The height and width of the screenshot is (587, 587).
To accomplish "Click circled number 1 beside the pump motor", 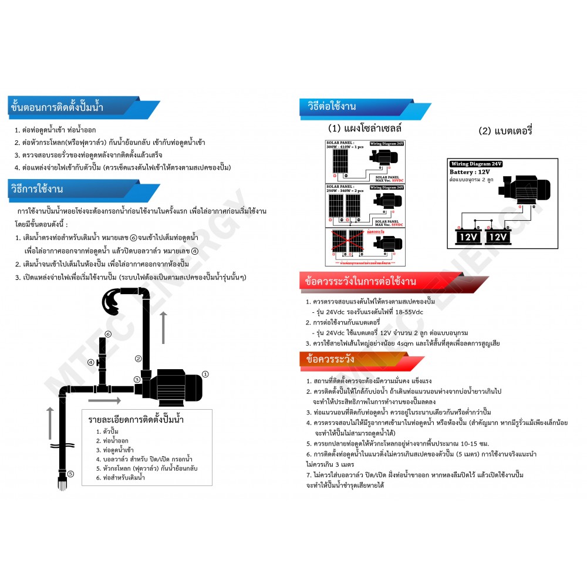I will (x=205, y=374).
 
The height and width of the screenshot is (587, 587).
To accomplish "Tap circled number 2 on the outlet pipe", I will (x=138, y=359).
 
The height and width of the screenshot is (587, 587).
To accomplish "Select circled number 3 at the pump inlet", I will (x=136, y=379).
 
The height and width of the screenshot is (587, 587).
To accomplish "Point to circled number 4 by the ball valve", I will (x=91, y=362).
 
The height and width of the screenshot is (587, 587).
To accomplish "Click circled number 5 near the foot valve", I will (x=70, y=474).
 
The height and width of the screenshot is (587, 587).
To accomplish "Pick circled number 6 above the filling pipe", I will (x=107, y=334).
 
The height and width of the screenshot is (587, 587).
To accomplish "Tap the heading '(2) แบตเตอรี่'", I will (x=505, y=131).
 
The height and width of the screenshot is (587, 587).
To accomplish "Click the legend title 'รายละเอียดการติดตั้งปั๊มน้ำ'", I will (x=146, y=420).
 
